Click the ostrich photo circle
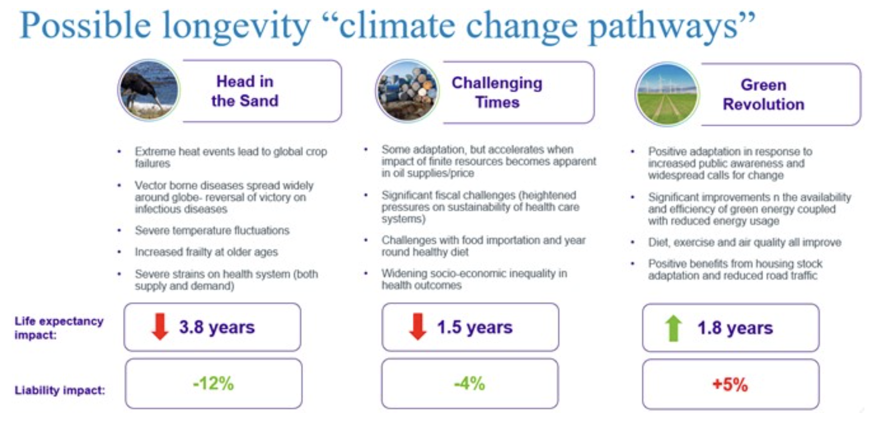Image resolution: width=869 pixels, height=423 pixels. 149,90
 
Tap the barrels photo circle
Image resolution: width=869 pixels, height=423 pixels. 407,91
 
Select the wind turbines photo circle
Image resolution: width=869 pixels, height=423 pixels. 667,94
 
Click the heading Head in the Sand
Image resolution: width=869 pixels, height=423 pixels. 245,91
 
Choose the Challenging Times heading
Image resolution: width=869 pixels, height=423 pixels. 497,92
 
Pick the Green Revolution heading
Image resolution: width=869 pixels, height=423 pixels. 763,94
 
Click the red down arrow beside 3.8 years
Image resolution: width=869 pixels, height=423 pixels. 160,327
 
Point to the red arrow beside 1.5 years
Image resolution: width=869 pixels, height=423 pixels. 417,327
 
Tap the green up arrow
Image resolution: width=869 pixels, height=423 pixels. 674,328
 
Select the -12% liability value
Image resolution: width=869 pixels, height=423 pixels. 213,384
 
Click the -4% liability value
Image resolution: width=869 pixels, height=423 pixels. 470,384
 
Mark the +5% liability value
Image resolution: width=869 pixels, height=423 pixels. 730,385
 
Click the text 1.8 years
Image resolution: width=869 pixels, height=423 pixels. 735,328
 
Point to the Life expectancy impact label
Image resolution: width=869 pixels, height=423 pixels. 59,328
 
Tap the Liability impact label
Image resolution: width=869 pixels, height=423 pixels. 60,390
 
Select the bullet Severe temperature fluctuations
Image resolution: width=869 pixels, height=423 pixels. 212,231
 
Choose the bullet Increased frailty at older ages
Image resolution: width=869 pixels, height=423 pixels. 206,252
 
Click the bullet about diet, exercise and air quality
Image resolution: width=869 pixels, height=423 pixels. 745,243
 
